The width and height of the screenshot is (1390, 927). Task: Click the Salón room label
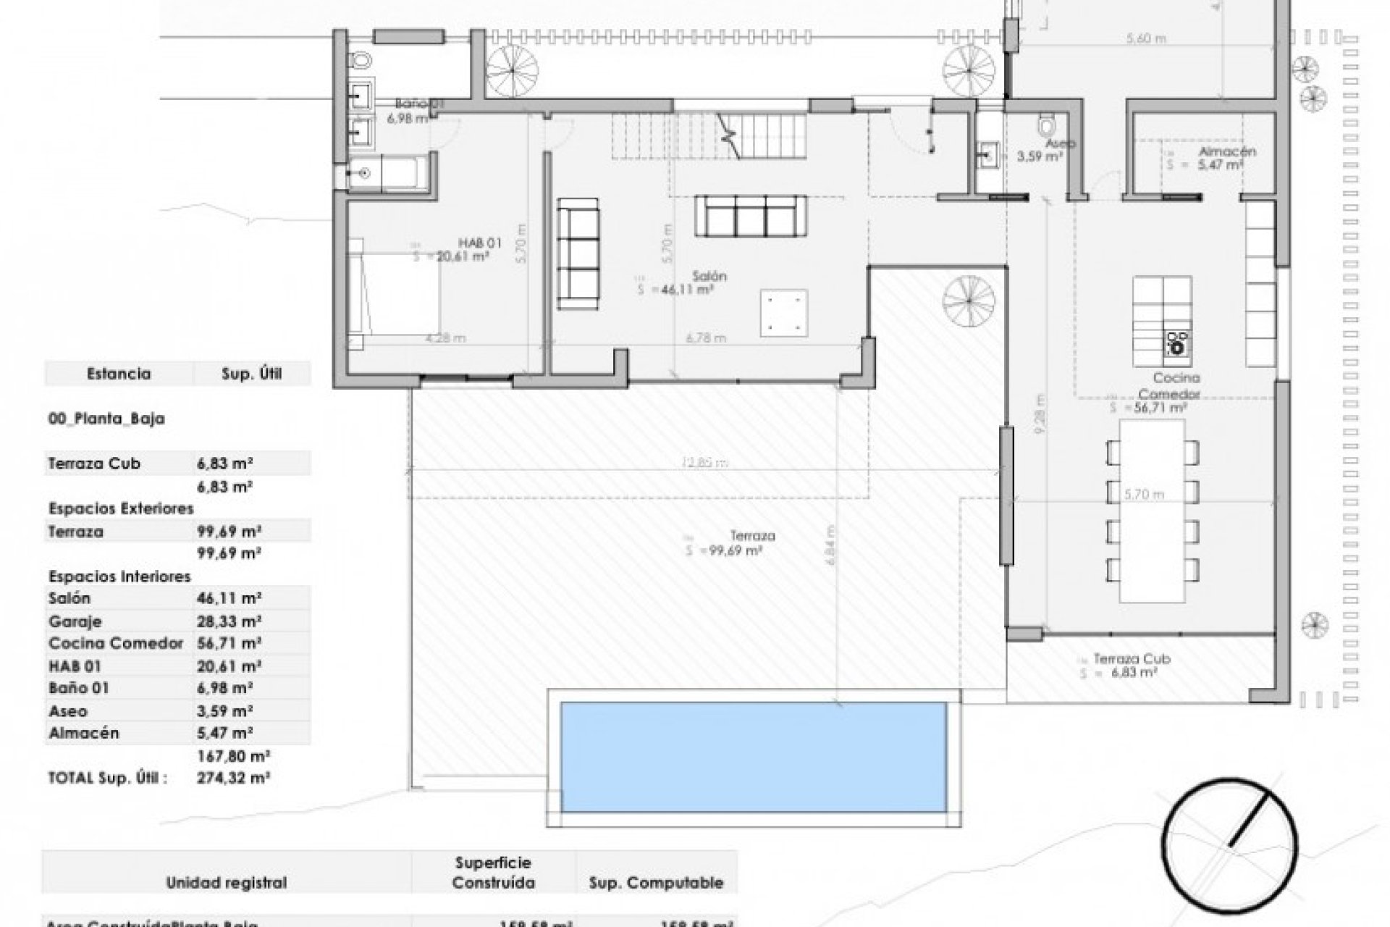point(709,277)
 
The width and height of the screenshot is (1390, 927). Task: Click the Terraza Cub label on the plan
point(1132,659)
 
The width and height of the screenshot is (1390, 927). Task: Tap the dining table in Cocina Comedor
point(1152,511)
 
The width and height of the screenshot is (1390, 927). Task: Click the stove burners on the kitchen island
point(1177,343)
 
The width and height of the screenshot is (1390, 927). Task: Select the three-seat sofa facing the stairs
point(750,215)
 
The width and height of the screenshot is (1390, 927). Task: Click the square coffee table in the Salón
point(783,312)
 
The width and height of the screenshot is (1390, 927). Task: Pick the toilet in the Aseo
point(1046,126)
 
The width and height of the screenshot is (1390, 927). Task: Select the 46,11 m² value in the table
point(229,599)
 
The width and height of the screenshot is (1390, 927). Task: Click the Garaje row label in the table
point(75,621)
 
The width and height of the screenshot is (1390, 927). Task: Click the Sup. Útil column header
point(251,374)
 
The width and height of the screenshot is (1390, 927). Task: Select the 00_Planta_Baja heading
point(106,419)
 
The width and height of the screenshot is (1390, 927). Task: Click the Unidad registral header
point(226,883)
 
